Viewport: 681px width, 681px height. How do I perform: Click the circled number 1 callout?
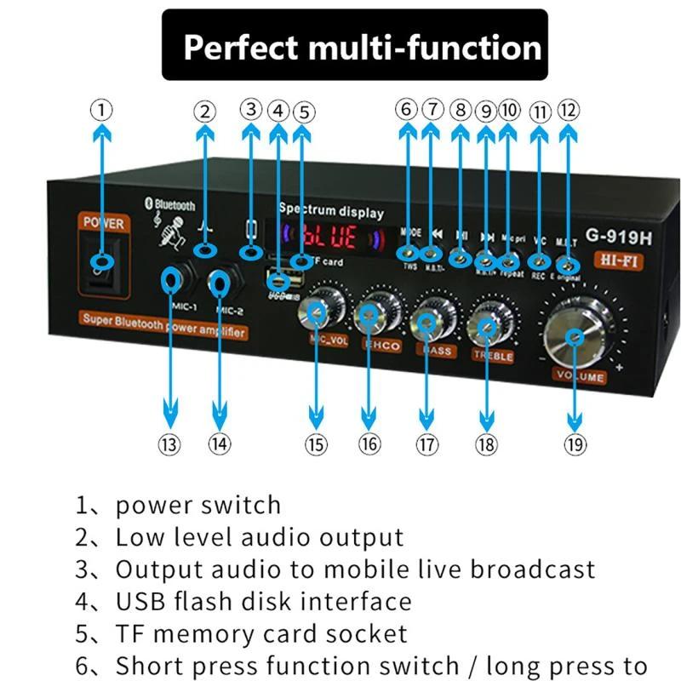(x=102, y=109)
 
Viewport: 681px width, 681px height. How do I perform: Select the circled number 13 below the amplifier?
(x=170, y=444)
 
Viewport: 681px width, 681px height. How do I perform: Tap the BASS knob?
(x=428, y=321)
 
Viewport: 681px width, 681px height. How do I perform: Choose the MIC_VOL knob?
(x=317, y=314)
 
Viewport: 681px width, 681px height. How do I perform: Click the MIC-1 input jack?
(x=172, y=278)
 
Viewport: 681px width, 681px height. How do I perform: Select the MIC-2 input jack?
(x=220, y=282)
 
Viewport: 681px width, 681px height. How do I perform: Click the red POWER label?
(x=104, y=223)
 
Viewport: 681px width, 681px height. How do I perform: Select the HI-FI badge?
(x=612, y=259)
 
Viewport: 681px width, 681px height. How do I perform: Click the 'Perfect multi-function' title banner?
(x=363, y=45)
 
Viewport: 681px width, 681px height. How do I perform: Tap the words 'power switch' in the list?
(x=198, y=505)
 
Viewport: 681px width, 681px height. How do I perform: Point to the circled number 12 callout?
(x=568, y=110)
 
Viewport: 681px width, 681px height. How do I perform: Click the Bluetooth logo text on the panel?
(x=173, y=205)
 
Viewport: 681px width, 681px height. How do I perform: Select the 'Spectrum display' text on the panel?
(x=331, y=211)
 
